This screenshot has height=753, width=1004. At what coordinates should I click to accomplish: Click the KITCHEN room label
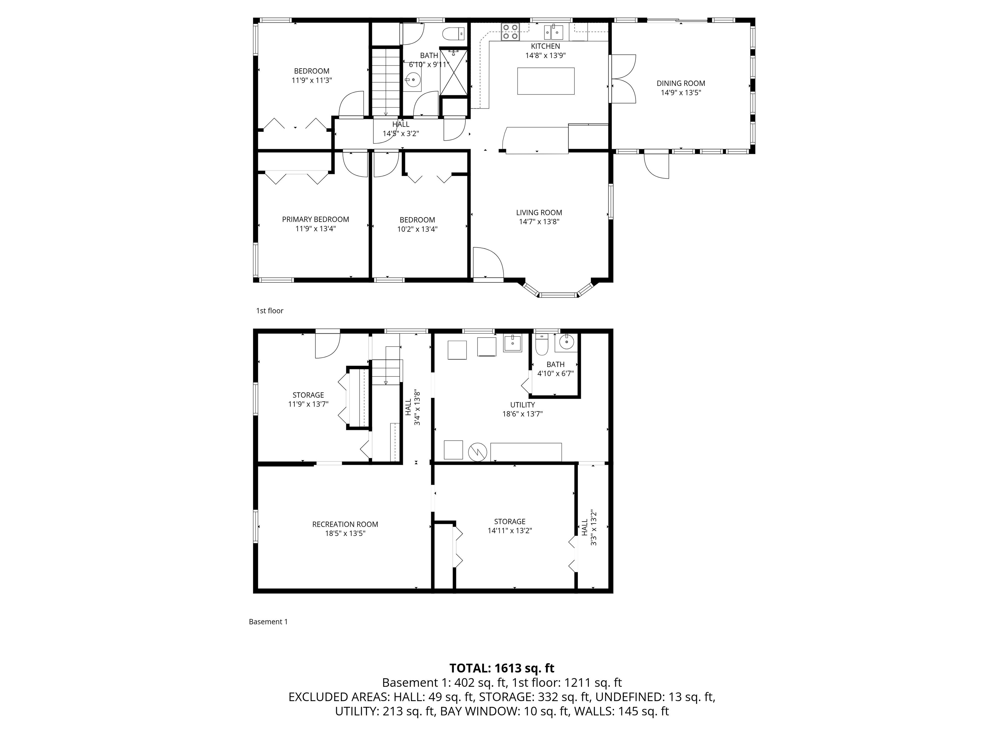pos(545,46)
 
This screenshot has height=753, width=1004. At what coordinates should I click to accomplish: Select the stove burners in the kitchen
pos(510,31)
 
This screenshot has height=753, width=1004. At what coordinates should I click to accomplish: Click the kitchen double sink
pos(554,32)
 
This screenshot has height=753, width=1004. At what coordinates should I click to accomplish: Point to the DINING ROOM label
pos(680,84)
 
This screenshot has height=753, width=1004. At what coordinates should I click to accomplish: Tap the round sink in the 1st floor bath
pos(412,81)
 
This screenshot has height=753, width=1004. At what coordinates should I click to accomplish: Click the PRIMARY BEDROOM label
pos(315,220)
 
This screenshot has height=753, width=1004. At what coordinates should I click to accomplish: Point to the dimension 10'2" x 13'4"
pos(417,229)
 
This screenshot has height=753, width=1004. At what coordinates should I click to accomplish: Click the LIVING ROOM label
pos(539,212)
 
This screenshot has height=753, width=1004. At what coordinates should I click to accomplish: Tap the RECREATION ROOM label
pos(345,524)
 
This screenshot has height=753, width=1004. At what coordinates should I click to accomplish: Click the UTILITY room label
pos(522,405)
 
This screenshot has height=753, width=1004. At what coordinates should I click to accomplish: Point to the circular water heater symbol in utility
pos(478,451)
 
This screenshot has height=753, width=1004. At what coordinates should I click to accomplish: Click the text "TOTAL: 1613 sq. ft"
pos(502,668)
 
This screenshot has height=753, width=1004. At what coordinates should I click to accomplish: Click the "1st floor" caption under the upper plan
pos(270,311)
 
